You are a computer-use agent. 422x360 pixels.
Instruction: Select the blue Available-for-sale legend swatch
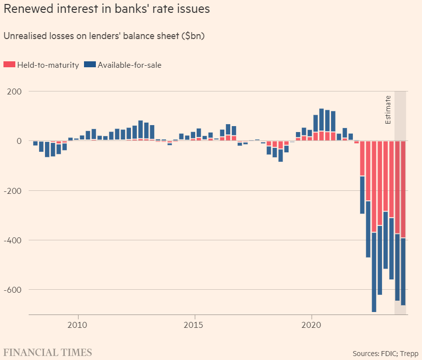90,65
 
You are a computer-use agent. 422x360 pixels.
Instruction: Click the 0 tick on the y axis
19,141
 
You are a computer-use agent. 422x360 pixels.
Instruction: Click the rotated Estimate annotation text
388,109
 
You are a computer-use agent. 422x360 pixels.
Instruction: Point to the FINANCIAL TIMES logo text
46,353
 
